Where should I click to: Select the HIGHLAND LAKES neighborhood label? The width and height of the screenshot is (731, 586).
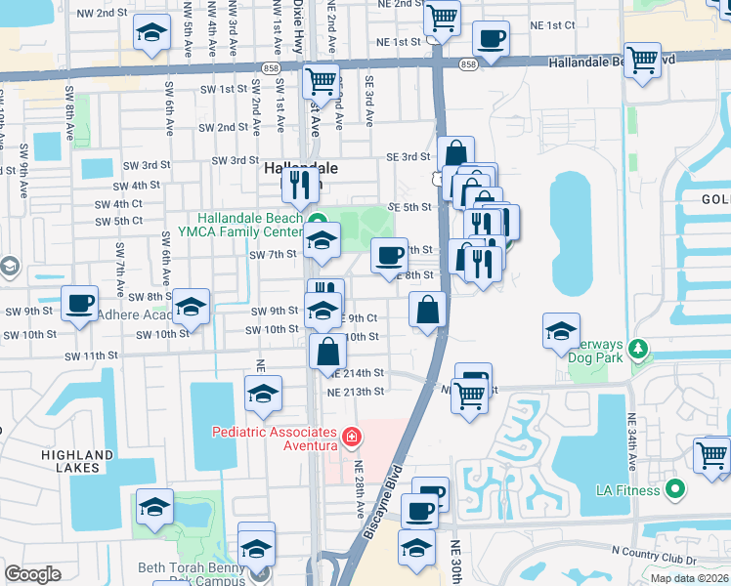[77, 461]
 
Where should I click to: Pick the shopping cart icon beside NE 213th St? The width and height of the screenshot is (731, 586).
[469, 396]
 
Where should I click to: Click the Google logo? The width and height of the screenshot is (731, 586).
[32, 573]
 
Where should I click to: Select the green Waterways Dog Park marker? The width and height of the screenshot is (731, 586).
[638, 348]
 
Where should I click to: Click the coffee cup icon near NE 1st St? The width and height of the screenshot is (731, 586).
[491, 39]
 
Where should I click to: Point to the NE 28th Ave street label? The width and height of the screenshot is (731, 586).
[360, 488]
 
